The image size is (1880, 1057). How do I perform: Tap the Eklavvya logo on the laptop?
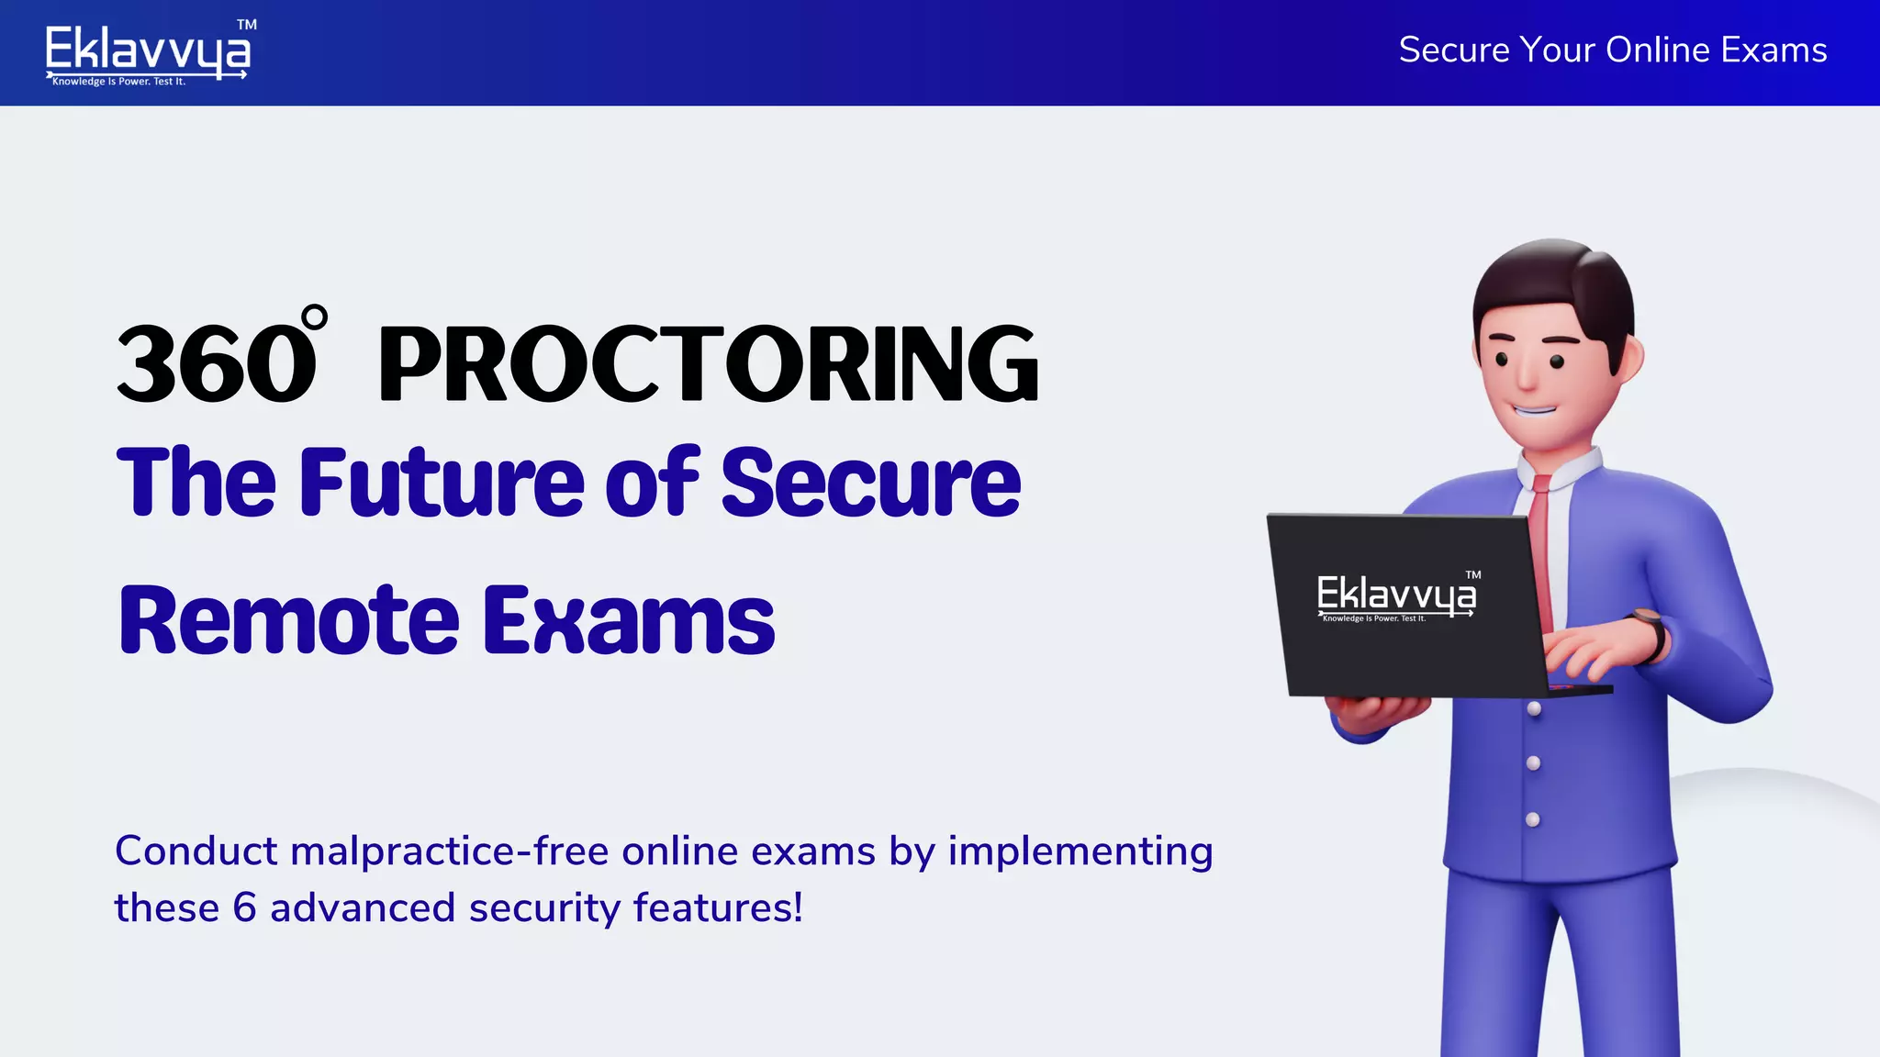pyautogui.click(x=1396, y=596)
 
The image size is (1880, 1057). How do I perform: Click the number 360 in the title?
pyautogui.click(x=217, y=364)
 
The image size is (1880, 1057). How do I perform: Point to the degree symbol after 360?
pyautogui.click(x=314, y=317)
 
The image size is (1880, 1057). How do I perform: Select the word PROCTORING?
pyautogui.click(x=708, y=364)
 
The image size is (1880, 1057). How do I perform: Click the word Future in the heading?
pyautogui.click(x=442, y=483)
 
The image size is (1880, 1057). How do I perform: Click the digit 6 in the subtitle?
pyautogui.click(x=244, y=908)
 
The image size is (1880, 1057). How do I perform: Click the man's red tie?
pyautogui.click(x=1541, y=551)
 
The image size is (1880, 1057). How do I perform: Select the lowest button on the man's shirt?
pyautogui.click(x=1533, y=819)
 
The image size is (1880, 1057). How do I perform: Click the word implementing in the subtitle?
pyautogui.click(x=1080, y=851)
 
